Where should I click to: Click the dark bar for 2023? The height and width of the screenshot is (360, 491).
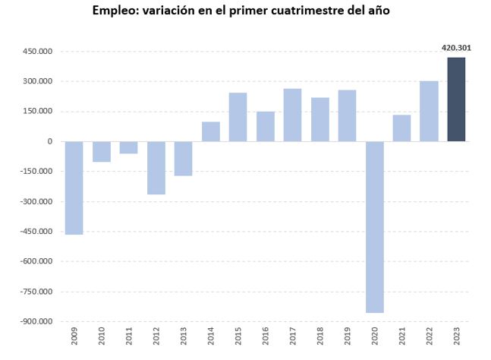tap(456, 99)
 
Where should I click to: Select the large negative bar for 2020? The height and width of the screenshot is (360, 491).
tap(374, 226)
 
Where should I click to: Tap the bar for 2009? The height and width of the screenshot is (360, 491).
tap(74, 188)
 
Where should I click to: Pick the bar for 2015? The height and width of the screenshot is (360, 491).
tap(238, 117)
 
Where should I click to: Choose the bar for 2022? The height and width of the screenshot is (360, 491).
tap(429, 111)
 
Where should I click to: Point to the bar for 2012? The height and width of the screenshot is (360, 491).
tap(156, 168)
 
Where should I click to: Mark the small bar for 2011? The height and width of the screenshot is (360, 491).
tap(128, 147)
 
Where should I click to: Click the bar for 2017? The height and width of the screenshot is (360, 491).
tap(292, 115)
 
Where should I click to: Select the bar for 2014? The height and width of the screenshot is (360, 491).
tap(210, 131)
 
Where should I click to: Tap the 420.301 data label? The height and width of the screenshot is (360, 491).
tap(456, 48)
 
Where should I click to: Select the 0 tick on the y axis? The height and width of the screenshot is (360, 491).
tap(49, 141)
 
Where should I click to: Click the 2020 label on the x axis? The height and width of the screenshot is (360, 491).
tap(374, 338)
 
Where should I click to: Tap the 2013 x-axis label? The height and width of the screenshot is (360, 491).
tap(183, 338)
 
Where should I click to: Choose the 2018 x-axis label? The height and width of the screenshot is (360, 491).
tap(319, 338)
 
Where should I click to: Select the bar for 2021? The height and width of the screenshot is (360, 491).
tap(401, 128)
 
